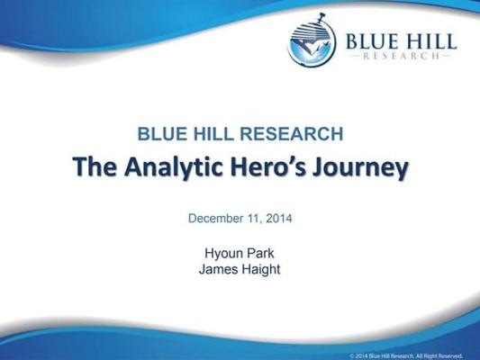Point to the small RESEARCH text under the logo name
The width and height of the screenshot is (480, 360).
click(x=398, y=56)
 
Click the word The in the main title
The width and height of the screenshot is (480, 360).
click(x=92, y=167)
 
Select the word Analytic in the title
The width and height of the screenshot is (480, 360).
click(x=171, y=168)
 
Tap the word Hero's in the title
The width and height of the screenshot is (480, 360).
click(x=276, y=167)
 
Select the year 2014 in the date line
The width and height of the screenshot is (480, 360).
click(x=280, y=218)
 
